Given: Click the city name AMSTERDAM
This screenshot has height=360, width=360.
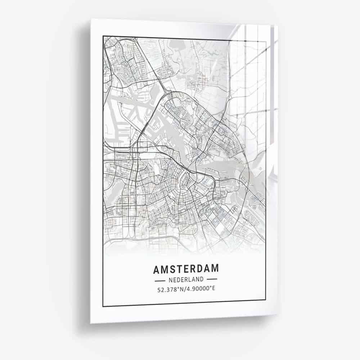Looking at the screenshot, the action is click(x=186, y=269).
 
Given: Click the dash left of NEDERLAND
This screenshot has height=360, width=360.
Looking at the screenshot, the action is click(x=159, y=279).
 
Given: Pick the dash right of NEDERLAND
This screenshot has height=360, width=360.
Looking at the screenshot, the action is click(x=212, y=279).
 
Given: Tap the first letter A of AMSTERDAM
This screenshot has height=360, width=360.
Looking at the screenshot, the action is click(x=157, y=269).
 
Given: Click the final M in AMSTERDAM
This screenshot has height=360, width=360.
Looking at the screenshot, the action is click(x=214, y=269).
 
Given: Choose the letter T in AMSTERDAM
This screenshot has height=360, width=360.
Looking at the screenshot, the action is click(x=179, y=269).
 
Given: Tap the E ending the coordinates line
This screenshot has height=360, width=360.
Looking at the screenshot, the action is click(x=213, y=289).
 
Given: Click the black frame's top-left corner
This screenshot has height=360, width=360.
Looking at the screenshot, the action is click(x=103, y=36).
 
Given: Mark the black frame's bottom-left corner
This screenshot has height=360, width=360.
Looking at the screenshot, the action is click(x=103, y=306).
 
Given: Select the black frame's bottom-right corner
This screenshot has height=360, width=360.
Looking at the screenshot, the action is click(x=266, y=300).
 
